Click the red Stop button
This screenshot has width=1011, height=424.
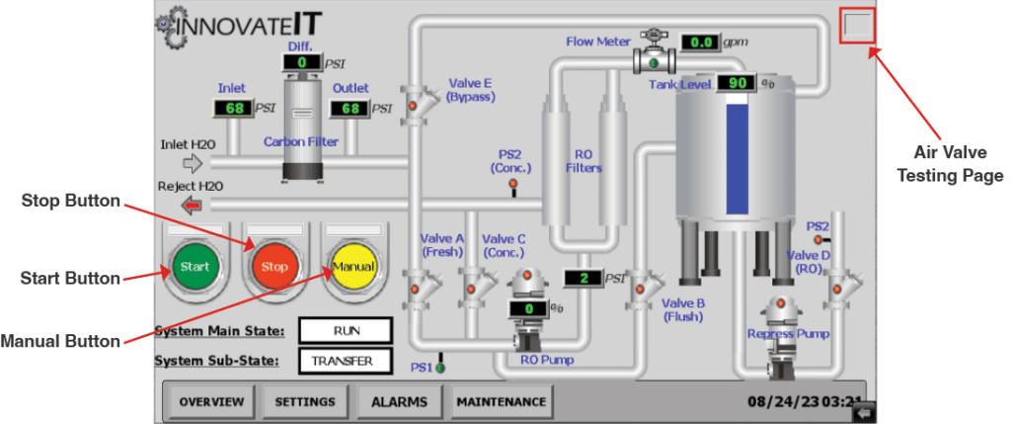point(272,267)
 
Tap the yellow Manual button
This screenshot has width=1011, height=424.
point(352,267)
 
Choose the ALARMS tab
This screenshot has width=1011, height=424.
point(399,402)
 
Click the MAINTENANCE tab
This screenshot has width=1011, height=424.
point(501,402)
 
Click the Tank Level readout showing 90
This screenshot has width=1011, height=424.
point(737,83)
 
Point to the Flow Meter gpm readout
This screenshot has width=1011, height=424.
point(701,42)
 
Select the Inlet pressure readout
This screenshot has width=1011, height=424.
point(233,107)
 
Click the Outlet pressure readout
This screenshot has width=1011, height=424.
point(350,107)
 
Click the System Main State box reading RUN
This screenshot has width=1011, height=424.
point(346,330)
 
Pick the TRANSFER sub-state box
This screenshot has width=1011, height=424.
point(346,361)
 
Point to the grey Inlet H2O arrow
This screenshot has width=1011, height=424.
point(192,164)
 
